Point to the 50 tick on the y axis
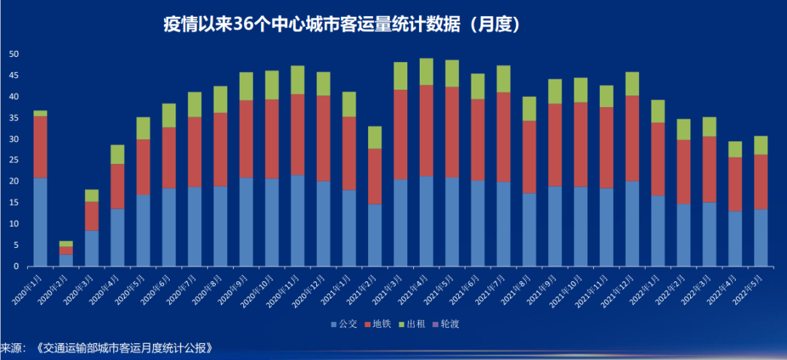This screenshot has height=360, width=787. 13,55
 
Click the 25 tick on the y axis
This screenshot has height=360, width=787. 13,160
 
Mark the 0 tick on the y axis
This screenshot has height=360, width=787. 15,267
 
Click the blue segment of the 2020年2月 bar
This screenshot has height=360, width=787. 66,260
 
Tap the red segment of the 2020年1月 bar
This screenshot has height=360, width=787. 41,146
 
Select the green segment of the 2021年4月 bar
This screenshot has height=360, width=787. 426,71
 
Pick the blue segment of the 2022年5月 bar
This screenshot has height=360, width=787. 761,238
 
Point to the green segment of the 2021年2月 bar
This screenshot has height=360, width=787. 375,137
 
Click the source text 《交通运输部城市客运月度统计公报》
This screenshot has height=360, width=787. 128,348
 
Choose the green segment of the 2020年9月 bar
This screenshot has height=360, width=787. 246,86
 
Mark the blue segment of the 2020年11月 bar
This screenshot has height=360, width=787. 297,220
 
